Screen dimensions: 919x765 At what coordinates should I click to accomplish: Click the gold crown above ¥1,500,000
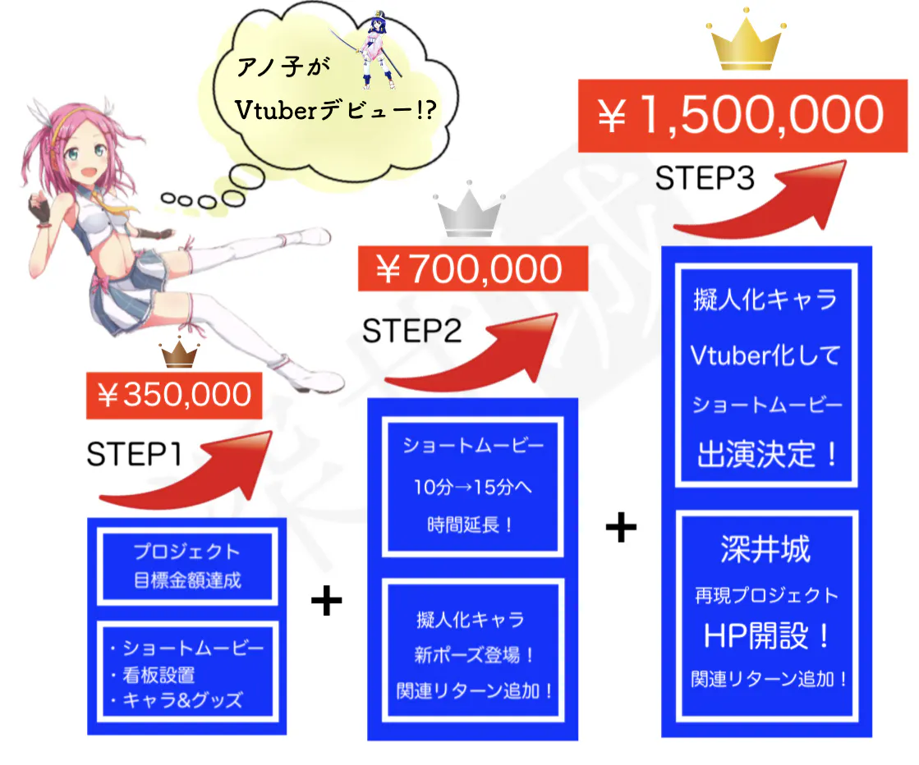[746, 41]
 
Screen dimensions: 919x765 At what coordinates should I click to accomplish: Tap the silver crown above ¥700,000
[469, 212]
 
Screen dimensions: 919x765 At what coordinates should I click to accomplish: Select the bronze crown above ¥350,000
[179, 353]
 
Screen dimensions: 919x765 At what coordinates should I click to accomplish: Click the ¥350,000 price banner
[174, 396]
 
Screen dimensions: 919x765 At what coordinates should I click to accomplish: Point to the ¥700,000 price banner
[473, 269]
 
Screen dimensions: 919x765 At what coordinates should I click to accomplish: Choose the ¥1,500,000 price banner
[742, 116]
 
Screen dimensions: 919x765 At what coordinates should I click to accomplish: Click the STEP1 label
[134, 454]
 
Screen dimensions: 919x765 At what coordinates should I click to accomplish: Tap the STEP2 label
[412, 331]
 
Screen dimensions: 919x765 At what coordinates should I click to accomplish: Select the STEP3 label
[705, 178]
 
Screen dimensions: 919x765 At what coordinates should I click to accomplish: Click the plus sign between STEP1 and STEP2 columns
[327, 600]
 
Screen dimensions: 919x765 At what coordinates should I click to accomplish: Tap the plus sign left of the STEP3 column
[621, 527]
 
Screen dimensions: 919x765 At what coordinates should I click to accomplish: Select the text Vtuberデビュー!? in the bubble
[335, 109]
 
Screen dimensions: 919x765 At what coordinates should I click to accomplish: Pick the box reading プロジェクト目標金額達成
[187, 566]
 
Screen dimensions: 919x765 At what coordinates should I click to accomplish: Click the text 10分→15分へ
[472, 487]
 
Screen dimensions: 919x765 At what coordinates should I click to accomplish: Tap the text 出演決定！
[766, 454]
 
